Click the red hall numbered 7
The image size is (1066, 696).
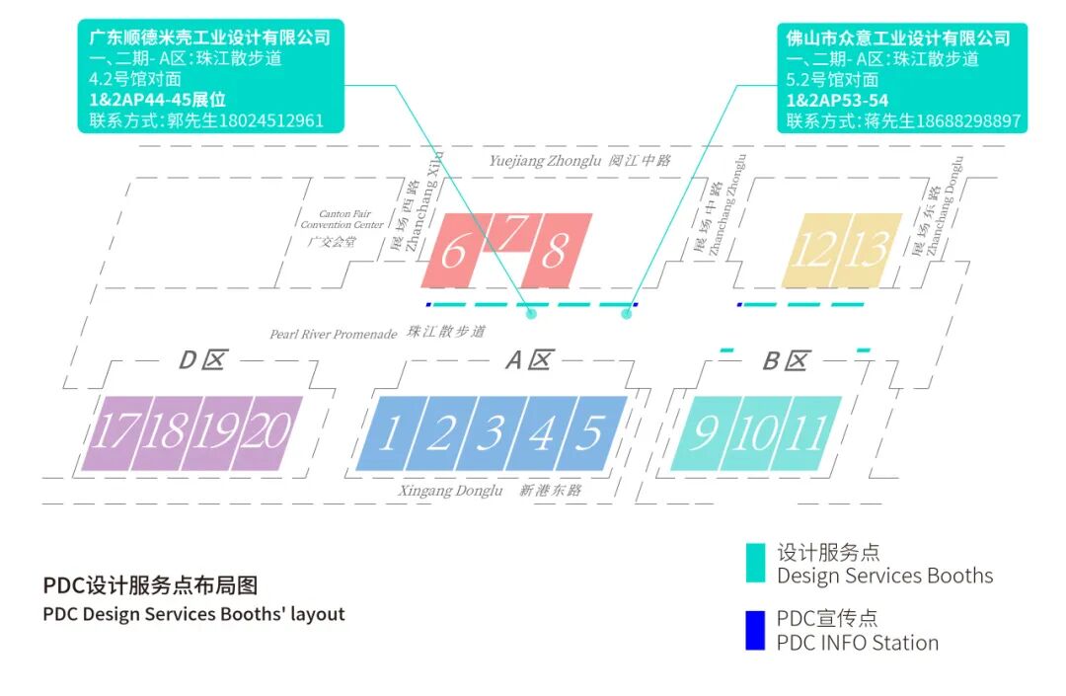pos(511,233)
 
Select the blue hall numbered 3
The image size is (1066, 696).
pos(491,433)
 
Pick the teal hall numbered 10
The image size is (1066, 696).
pos(756,433)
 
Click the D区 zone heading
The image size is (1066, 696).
pos(201,360)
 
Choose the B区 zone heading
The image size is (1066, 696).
pos(785,361)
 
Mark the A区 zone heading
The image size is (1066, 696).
pos(527,360)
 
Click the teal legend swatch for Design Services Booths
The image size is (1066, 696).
pos(755,563)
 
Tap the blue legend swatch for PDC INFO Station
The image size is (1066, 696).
pos(755,630)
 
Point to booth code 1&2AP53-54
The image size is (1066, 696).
pos(837,101)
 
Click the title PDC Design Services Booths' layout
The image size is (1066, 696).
pos(194,614)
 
